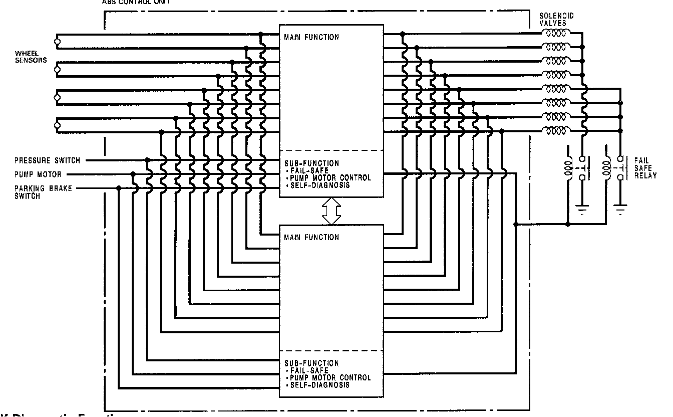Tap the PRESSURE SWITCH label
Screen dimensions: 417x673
coord(47,160)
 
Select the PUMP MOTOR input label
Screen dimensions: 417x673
coord(38,174)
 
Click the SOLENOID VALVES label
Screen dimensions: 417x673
coord(556,20)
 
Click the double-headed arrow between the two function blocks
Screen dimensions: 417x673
coord(331,211)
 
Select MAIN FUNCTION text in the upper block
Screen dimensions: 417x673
coord(311,37)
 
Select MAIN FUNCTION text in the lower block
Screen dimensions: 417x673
coord(311,237)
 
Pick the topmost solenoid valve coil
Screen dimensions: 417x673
coord(555,34)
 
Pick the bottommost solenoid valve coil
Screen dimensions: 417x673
coord(555,131)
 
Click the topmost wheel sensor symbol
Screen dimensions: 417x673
coord(58,41)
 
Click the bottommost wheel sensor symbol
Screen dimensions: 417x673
coord(58,124)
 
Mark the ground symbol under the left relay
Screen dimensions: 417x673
coord(583,210)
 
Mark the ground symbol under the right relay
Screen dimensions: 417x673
coord(620,210)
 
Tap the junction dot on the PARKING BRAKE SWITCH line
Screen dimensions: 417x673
coord(119,188)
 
